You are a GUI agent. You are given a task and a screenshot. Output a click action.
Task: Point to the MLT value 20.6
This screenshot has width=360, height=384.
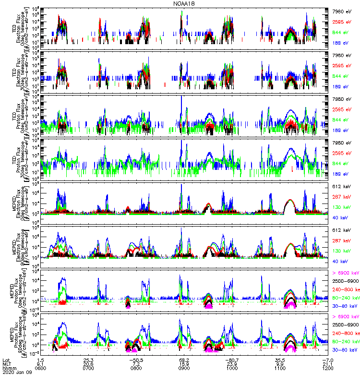(88, 363)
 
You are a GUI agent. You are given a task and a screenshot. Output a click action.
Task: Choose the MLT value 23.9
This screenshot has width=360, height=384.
(232, 363)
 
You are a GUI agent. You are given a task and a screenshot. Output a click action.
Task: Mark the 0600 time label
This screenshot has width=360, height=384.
(41, 368)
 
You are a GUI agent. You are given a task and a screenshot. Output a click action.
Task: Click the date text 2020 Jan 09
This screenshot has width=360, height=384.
(15, 372)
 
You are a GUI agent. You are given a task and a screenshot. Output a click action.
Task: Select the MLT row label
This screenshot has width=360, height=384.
(6, 363)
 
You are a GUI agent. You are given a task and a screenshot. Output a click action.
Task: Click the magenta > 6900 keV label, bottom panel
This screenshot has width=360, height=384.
(345, 317)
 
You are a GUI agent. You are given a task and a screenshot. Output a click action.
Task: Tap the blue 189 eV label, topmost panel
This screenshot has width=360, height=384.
(341, 42)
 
